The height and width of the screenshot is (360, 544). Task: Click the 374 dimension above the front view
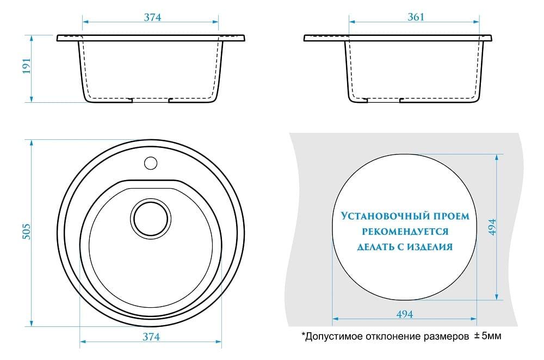coord(152,17)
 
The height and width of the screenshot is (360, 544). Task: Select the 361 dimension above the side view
coord(416,17)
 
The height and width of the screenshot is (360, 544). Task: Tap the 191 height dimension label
coord(27,66)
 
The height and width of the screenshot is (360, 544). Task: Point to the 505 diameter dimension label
coord(26,231)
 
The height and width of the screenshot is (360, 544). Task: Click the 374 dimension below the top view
coord(151,337)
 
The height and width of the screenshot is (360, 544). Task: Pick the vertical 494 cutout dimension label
coord(492,227)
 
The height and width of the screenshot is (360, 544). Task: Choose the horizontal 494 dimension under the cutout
coord(405,314)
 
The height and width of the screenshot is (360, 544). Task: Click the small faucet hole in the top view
coord(151,163)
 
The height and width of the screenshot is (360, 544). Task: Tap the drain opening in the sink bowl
coord(151,219)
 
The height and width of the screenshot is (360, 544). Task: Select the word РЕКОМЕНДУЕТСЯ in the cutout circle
coord(405,231)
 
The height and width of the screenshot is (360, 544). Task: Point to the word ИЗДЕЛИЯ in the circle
coord(430,247)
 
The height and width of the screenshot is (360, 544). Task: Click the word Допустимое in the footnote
coord(334,337)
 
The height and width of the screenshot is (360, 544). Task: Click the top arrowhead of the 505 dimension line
coord(31,143)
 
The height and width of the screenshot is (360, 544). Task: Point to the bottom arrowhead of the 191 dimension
coord(31,98)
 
